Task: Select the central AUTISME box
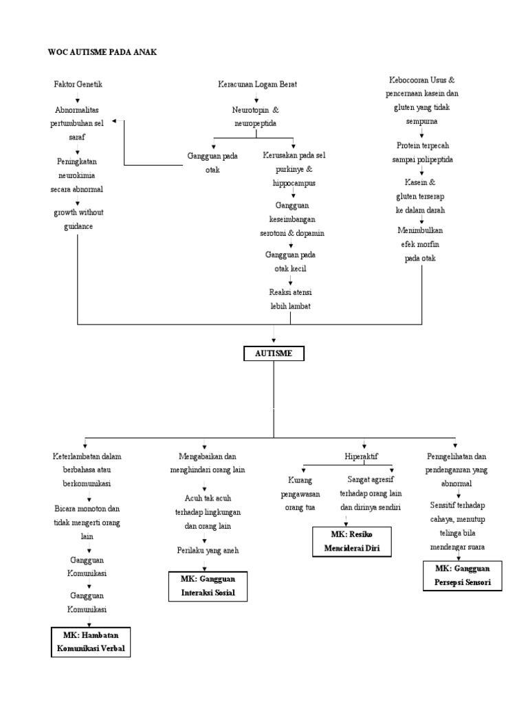274,353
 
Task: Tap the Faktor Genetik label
78,84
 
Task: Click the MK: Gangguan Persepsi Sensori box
462,575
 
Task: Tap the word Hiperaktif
363,456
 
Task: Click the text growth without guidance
78,219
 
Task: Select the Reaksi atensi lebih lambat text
290,298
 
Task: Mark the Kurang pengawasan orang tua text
300,493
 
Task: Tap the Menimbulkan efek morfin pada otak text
420,244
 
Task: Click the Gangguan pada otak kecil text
290,261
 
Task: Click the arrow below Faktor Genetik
78,98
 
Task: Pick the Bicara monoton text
87,509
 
